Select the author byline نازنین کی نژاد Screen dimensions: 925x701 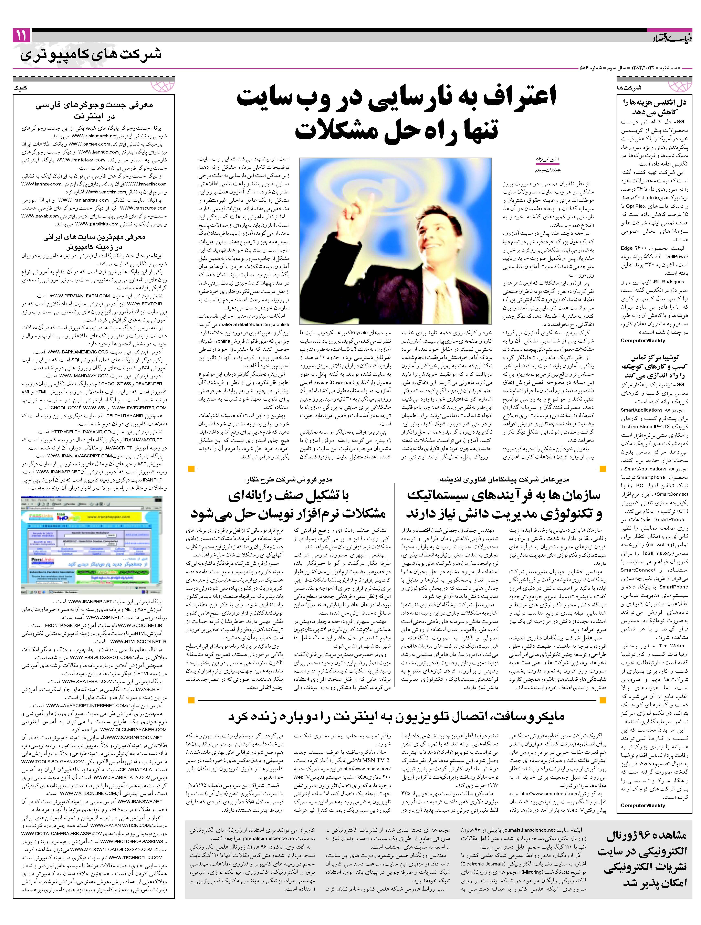[545, 160]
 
